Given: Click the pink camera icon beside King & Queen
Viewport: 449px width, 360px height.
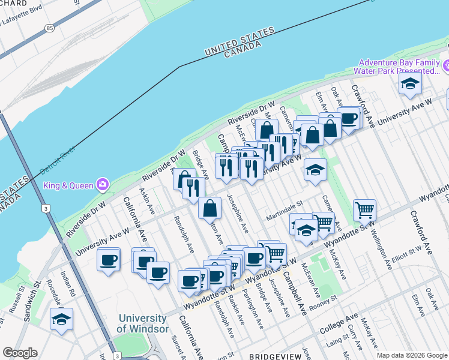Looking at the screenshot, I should point(103,184).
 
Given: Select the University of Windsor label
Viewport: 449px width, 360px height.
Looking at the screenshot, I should point(142,323).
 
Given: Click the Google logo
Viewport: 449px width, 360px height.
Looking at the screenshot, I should point(20,353).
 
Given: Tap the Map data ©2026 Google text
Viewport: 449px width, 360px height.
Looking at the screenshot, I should point(412,355).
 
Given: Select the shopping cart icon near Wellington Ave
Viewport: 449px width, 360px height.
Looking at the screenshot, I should point(364,210).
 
